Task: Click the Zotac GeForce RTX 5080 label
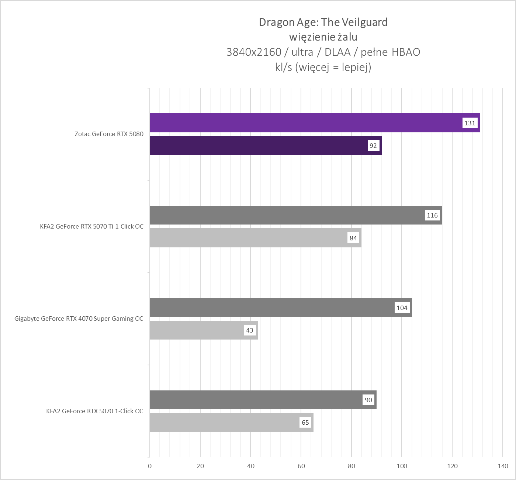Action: [109, 134]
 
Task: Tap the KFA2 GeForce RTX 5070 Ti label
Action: [92, 226]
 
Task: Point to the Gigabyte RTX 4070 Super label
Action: [79, 319]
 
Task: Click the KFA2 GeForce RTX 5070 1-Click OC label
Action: [95, 411]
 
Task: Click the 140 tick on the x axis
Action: [503, 466]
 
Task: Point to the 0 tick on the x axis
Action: [150, 466]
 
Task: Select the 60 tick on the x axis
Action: [301, 466]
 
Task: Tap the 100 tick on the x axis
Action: [402, 466]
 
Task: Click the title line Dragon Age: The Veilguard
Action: [323, 22]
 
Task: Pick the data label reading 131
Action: [470, 123]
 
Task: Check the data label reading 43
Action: [250, 330]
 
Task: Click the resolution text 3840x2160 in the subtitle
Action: [254, 52]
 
